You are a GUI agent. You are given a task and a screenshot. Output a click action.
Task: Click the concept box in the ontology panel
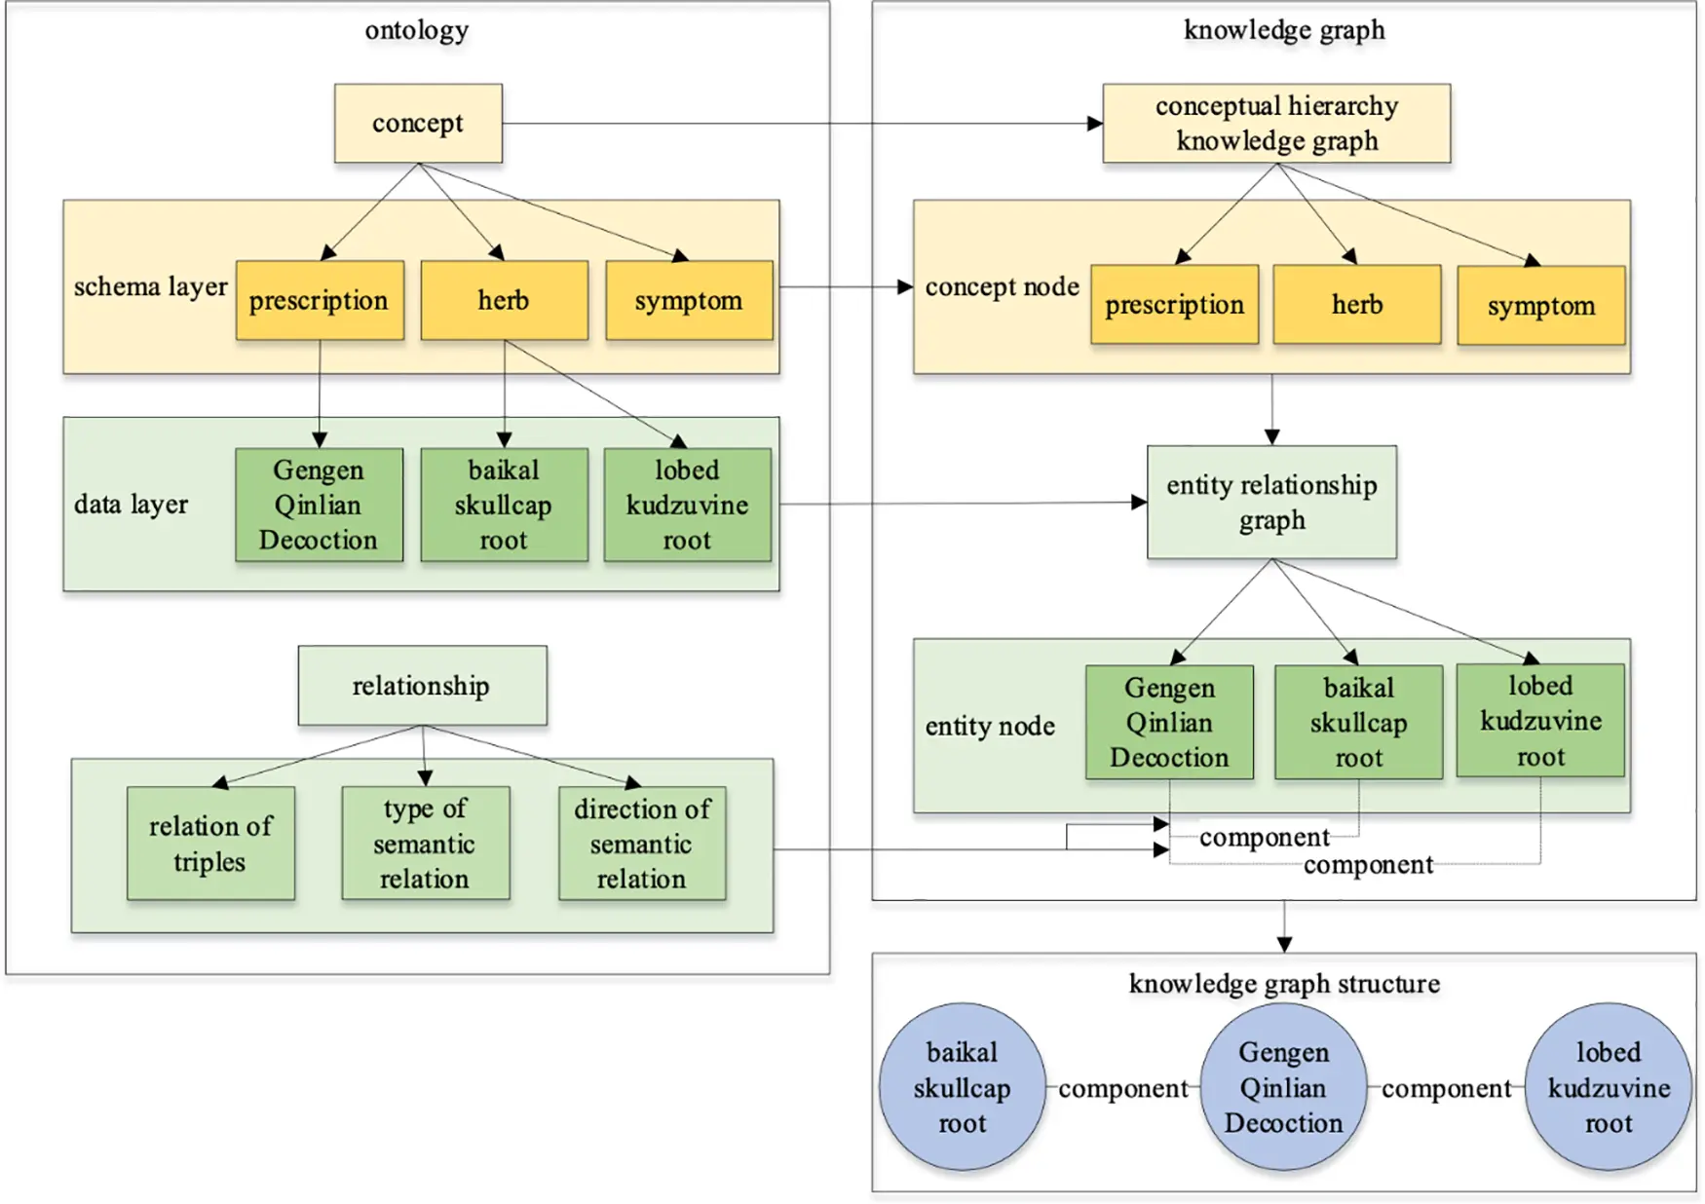coord(418,124)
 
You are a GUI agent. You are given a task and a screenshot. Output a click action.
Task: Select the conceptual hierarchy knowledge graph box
coord(1275,124)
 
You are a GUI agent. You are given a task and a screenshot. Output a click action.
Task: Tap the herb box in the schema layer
coord(504,300)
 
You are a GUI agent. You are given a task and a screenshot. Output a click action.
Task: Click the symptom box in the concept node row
coord(1540,306)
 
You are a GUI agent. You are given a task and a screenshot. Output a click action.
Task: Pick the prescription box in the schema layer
coord(320,300)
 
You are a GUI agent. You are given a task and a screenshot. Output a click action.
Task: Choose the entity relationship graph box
coord(1271,503)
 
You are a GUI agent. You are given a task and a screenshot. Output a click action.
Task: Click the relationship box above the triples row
coord(422,686)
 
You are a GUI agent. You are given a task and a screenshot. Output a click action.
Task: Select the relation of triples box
coord(210,844)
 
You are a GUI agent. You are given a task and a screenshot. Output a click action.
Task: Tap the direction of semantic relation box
coord(642,844)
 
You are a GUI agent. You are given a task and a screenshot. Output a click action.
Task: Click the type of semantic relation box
coord(425,844)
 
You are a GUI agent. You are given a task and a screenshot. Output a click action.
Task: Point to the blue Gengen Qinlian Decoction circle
coord(1283,1087)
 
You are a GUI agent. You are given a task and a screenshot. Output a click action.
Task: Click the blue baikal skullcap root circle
coord(963,1087)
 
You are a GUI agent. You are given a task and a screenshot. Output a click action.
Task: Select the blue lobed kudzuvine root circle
coord(1608,1087)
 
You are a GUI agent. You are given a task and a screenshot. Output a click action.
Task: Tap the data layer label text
coord(131,505)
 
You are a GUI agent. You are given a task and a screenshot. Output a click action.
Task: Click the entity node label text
coord(990,727)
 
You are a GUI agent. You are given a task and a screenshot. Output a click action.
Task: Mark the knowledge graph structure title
coord(1283,984)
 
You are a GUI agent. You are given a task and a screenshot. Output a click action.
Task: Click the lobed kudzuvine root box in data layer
coord(687,505)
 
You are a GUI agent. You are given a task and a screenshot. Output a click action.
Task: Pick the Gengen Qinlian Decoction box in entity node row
coord(1169,723)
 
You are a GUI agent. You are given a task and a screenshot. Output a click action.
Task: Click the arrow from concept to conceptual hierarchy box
coord(799,124)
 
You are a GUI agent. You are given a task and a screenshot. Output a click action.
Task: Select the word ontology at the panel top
coord(417,30)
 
